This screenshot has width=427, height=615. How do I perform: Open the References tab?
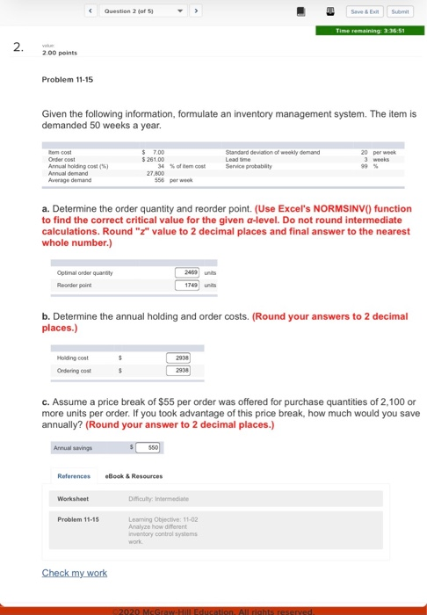point(74,476)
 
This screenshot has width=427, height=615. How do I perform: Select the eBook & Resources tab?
point(134,476)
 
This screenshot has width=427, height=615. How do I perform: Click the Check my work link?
point(74,573)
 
